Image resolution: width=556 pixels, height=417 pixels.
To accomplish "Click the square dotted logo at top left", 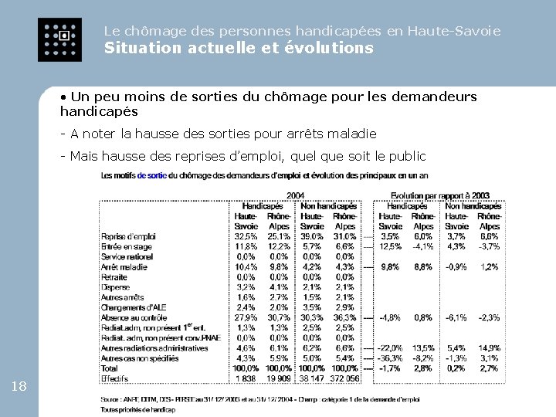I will (x=59, y=39).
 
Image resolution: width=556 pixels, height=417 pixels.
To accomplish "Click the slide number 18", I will (x=19, y=386).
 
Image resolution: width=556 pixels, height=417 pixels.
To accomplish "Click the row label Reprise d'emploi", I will (x=129, y=236).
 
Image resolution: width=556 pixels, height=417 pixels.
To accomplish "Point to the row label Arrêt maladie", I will (x=124, y=266).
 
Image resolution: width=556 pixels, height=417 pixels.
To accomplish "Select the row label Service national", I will (x=127, y=256).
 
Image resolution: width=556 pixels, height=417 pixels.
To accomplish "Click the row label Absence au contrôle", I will (x=134, y=317).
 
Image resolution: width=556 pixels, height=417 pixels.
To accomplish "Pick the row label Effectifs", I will (x=116, y=378).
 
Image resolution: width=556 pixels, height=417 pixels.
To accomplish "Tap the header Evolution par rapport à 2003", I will (x=442, y=195).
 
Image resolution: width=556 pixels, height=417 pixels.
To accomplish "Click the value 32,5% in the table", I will (x=246, y=236).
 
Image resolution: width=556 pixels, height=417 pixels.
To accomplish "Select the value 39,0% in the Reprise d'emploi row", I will (x=312, y=236).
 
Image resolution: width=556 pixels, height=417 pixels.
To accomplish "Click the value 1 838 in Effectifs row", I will (x=246, y=378).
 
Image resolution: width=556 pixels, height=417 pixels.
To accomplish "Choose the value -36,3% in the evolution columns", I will (x=390, y=358).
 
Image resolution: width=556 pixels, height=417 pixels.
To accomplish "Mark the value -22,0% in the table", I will (x=390, y=348).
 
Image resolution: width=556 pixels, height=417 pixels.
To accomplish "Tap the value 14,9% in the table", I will (x=489, y=348).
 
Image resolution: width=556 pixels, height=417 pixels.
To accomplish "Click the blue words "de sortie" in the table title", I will (x=151, y=175).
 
